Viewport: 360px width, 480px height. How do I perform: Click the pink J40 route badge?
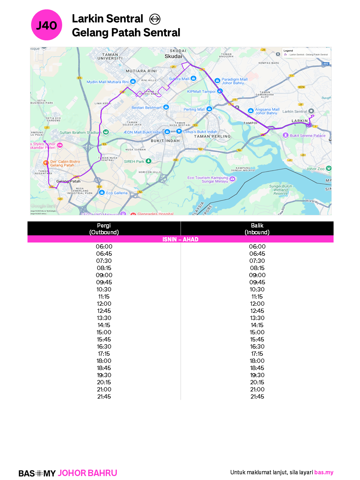click(47, 25)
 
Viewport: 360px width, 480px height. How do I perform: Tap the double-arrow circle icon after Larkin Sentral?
click(155, 19)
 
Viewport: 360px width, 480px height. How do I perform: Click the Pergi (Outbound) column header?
click(104, 229)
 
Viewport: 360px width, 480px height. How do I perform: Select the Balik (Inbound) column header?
click(257, 229)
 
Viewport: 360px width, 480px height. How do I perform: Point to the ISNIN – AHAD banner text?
click(180, 239)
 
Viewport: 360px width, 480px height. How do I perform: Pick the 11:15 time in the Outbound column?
click(104, 296)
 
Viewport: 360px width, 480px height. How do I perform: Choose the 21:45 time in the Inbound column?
click(257, 396)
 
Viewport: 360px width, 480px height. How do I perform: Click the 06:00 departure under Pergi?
click(104, 246)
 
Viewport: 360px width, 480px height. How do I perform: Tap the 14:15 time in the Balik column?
click(257, 325)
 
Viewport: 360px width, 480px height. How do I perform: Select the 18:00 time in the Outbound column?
click(104, 361)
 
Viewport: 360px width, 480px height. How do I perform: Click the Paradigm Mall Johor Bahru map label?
click(234, 81)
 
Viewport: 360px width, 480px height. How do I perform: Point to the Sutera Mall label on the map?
click(179, 79)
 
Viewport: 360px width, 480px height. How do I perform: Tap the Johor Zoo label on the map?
click(315, 169)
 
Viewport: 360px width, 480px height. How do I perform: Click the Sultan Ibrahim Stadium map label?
click(80, 132)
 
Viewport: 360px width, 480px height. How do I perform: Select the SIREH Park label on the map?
click(134, 161)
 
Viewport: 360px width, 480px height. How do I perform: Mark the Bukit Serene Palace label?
click(307, 136)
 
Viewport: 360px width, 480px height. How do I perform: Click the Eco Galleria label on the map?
click(116, 193)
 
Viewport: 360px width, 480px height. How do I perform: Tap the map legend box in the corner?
click(306, 53)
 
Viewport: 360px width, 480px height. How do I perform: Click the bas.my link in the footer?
click(324, 472)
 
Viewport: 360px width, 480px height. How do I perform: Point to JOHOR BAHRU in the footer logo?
click(87, 473)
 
